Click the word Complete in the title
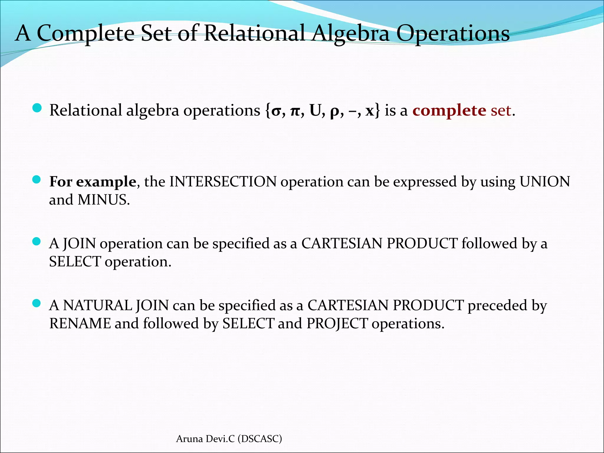click(x=86, y=33)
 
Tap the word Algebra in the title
click(x=351, y=33)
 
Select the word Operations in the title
click(x=453, y=33)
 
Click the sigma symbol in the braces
click(x=276, y=111)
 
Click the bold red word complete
click(x=449, y=111)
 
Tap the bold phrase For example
click(x=93, y=182)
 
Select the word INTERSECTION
click(x=223, y=182)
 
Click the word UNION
click(x=545, y=182)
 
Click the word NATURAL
click(x=98, y=305)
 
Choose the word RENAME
click(x=80, y=324)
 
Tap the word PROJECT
click(x=337, y=324)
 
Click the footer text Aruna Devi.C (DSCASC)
click(x=229, y=439)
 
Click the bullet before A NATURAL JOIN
click(x=36, y=303)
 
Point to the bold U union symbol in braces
click(x=315, y=111)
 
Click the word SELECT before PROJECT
click(x=248, y=324)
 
